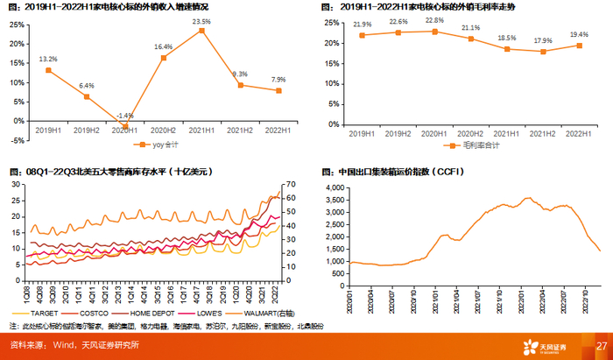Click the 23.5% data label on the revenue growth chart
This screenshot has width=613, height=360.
[x=201, y=21]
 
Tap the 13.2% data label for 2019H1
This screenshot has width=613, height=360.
[x=49, y=60]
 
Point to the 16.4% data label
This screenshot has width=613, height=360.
[x=163, y=46]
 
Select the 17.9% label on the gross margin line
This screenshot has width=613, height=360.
[x=543, y=40]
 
